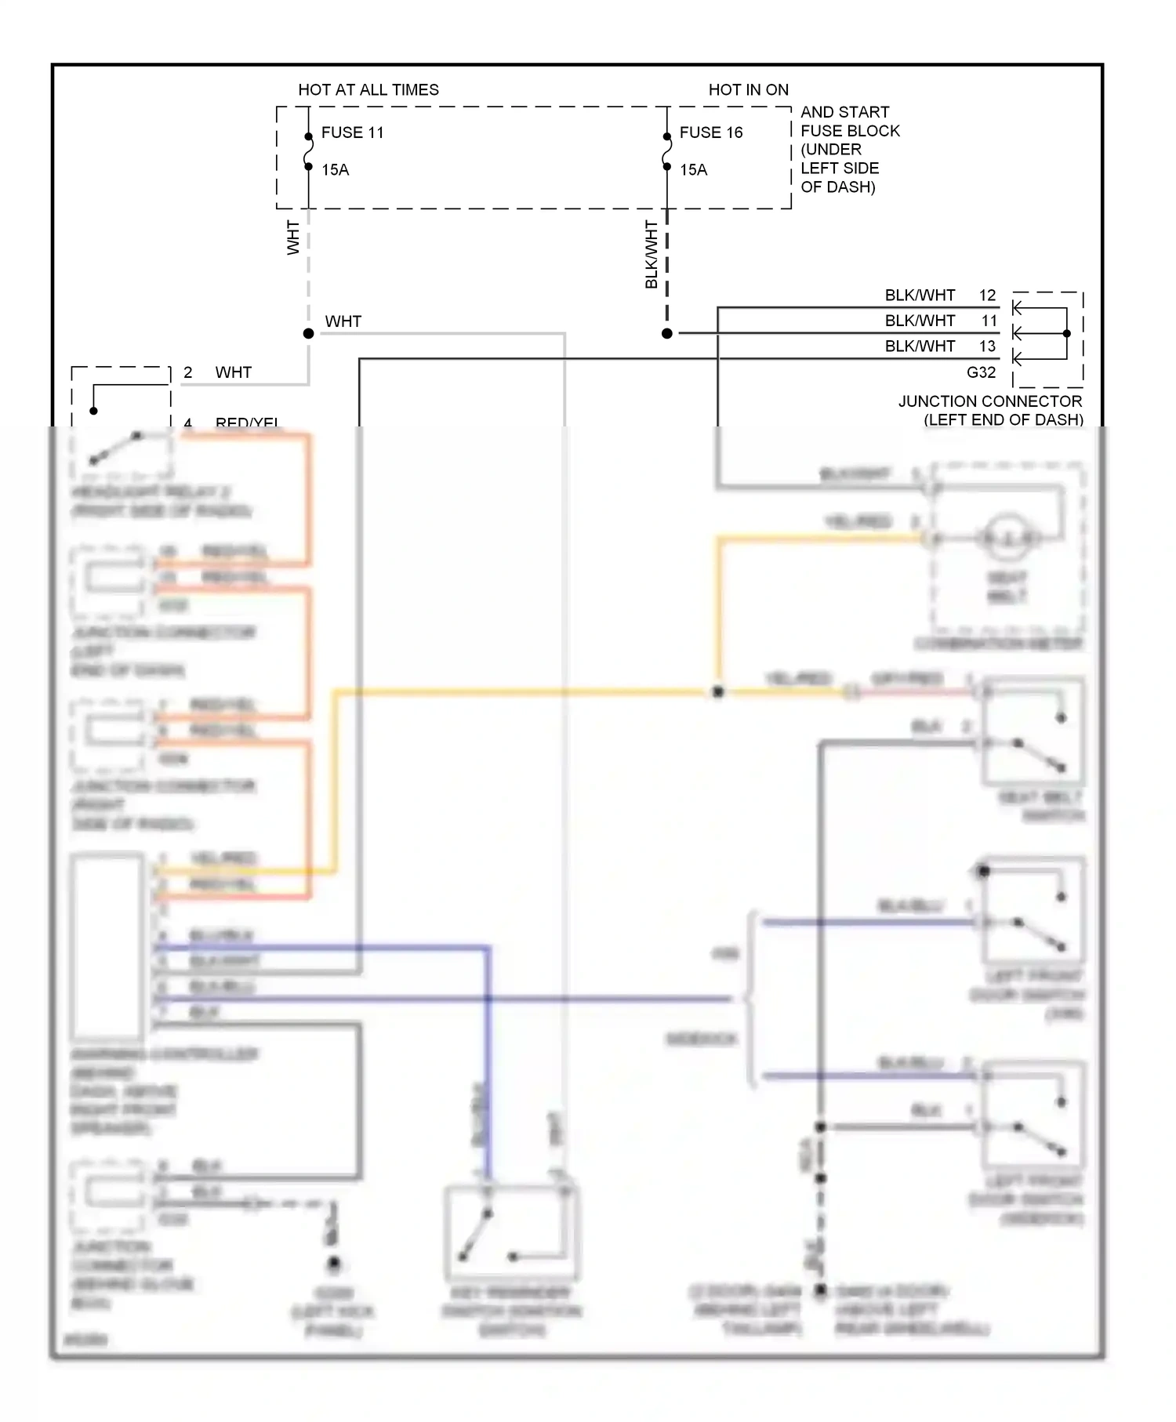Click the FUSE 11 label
[x=352, y=132]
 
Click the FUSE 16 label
[x=710, y=132]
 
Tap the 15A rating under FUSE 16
[x=693, y=170]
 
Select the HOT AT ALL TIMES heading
[x=368, y=90]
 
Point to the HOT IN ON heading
[x=748, y=90]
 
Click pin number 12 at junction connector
[x=987, y=296]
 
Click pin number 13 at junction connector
[x=987, y=346]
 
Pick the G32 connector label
[x=981, y=372]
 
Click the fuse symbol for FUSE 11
[x=308, y=151]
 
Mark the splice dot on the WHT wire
[x=308, y=333]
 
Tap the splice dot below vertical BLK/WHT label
[x=667, y=333]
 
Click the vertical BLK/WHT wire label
[x=651, y=254]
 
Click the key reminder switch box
[x=511, y=1232]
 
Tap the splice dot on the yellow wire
[x=717, y=692]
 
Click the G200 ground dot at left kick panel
[x=334, y=1264]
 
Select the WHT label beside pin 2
[x=233, y=372]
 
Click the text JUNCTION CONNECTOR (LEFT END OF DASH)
[x=991, y=410]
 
